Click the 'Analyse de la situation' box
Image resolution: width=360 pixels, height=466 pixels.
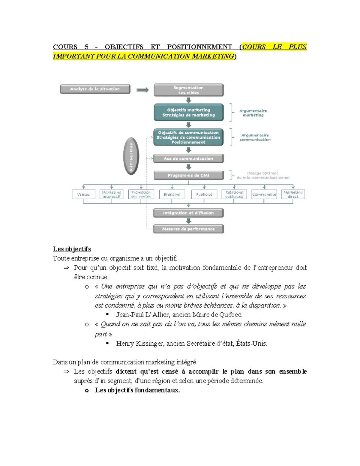(x=95, y=89)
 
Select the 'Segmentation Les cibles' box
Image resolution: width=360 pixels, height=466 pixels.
(x=188, y=90)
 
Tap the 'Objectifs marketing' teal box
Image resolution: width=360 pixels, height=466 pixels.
(x=188, y=112)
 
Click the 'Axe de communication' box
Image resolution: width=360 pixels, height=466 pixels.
(x=188, y=158)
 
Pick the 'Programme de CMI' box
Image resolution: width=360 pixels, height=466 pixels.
(x=188, y=175)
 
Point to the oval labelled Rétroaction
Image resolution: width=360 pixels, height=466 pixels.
(x=131, y=156)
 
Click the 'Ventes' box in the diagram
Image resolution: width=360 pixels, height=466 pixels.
(x=83, y=194)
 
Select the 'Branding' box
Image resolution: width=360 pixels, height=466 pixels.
(x=172, y=194)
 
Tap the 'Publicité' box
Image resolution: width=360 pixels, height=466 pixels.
(x=204, y=194)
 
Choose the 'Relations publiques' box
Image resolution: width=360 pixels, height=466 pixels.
(x=234, y=194)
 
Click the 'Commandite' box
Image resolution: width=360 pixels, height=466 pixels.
(x=264, y=194)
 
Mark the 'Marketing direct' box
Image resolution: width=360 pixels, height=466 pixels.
(x=293, y=194)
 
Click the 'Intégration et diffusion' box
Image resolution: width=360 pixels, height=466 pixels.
(x=188, y=213)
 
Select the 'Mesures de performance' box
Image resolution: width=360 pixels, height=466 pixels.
(x=188, y=229)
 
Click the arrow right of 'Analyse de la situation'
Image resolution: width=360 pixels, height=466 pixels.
(x=142, y=90)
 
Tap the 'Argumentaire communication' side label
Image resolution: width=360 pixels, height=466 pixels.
(x=255, y=137)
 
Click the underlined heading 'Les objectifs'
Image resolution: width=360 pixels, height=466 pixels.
(x=72, y=249)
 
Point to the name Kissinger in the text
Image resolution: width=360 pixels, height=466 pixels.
(x=150, y=344)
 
